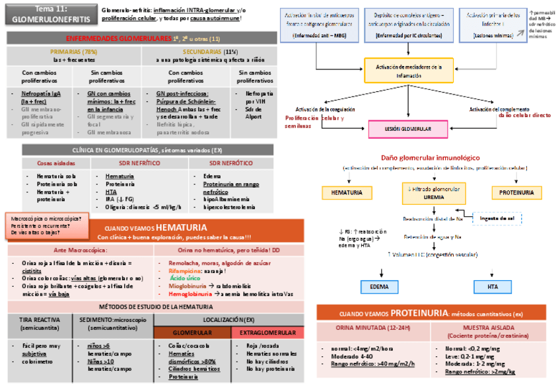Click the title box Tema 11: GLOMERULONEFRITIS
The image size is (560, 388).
tap(49, 15)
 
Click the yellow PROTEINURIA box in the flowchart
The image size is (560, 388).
tap(516, 192)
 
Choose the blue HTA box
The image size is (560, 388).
tap(493, 287)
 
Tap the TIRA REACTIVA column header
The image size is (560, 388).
tap(38, 324)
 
